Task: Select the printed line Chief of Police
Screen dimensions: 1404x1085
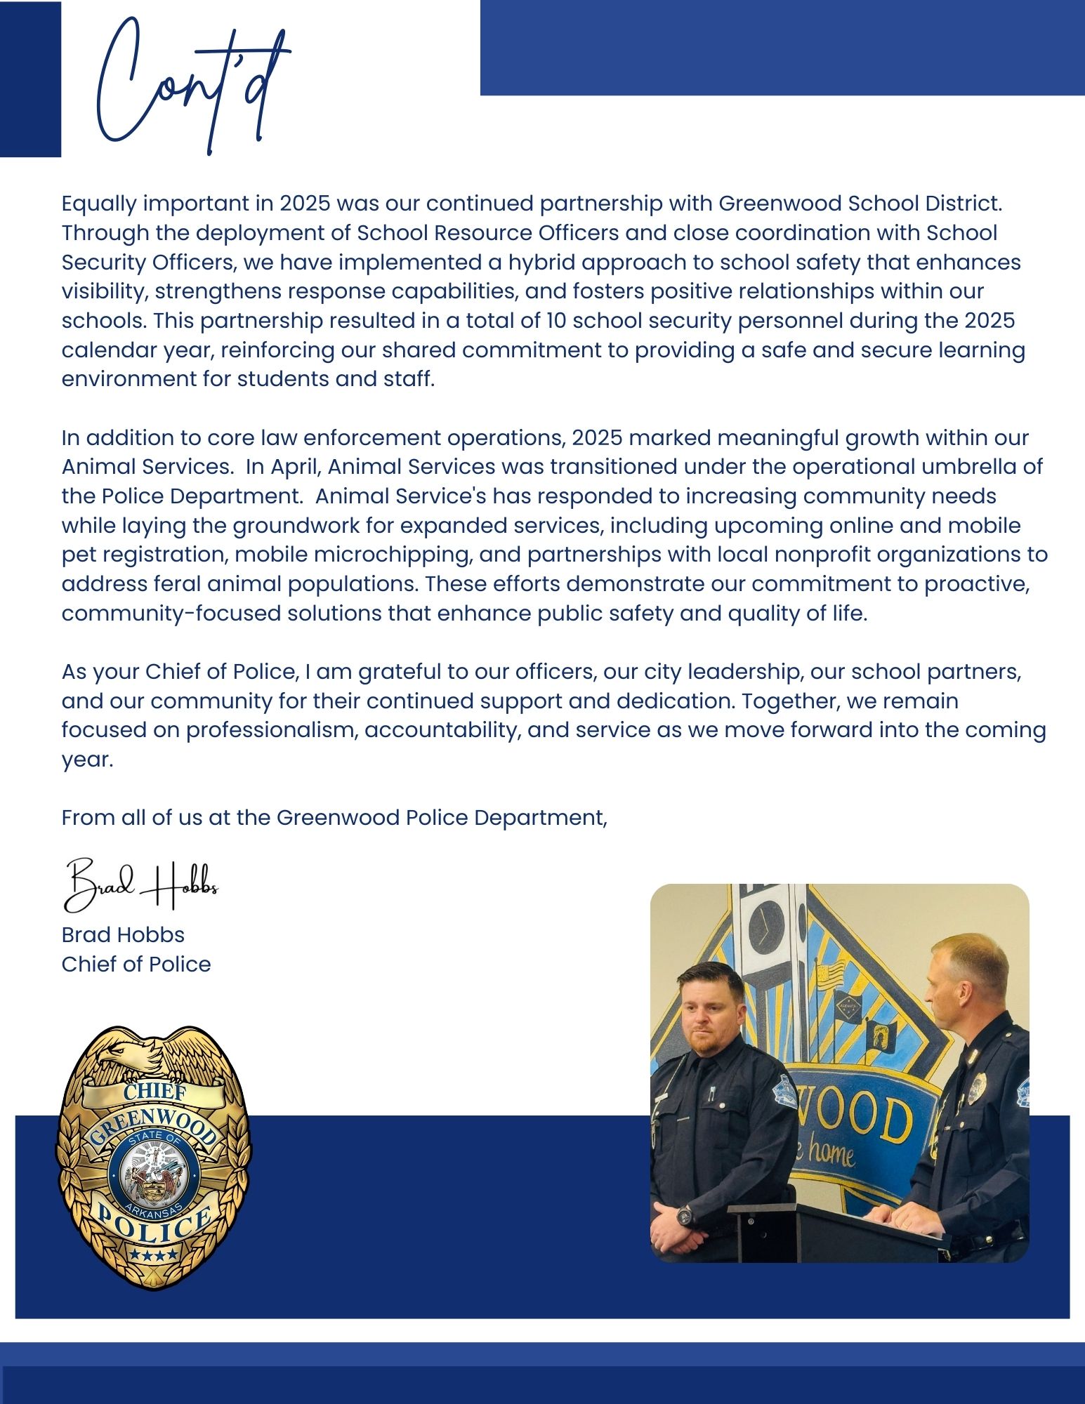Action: tap(136, 965)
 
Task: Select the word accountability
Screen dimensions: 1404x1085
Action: tap(442, 730)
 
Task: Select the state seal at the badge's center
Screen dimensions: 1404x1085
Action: tap(153, 1169)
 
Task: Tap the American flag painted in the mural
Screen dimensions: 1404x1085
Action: tap(829, 976)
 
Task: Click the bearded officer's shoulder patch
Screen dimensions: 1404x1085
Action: tap(785, 1091)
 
